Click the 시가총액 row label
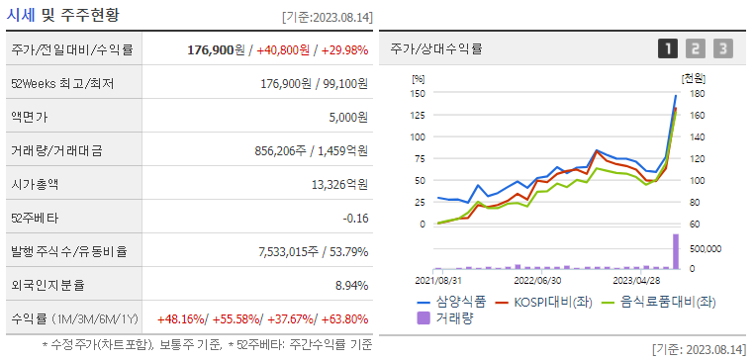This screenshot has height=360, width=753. [x=37, y=183]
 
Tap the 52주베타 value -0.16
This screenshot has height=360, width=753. [x=355, y=218]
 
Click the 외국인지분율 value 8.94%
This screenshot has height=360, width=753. [x=350, y=285]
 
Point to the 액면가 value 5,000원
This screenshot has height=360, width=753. [x=346, y=117]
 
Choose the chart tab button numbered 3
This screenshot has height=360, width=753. [x=723, y=48]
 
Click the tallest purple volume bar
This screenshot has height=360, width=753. [x=676, y=251]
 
